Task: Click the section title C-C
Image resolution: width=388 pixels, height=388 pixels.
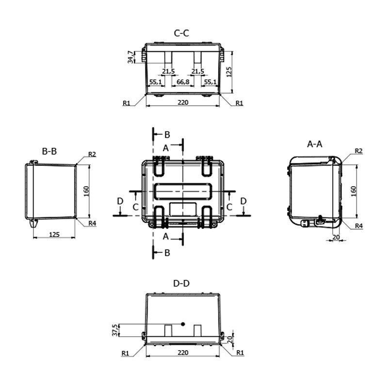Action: pyautogui.click(x=181, y=33)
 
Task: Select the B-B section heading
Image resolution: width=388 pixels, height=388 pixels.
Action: pyautogui.click(x=49, y=151)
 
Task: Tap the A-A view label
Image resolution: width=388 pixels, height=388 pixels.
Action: pyautogui.click(x=315, y=144)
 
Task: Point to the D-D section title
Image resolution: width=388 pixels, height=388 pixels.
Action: pyautogui.click(x=181, y=283)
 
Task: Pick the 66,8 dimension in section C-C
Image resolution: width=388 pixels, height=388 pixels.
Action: pyautogui.click(x=183, y=83)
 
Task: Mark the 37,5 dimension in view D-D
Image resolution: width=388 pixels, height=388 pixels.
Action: pyautogui.click(x=115, y=330)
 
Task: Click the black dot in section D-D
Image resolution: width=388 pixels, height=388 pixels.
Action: pyautogui.click(x=183, y=324)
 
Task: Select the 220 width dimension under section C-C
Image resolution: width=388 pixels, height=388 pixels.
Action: pyautogui.click(x=183, y=102)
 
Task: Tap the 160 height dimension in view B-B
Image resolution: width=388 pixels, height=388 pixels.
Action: pyautogui.click(x=86, y=191)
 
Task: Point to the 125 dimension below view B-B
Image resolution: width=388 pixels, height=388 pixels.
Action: pyautogui.click(x=54, y=235)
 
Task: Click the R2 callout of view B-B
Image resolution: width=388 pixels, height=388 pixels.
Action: pyautogui.click(x=92, y=155)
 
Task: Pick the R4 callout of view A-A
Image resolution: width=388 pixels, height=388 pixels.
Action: pyautogui.click(x=359, y=226)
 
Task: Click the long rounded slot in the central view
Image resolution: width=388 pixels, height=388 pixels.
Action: pyautogui.click(x=182, y=191)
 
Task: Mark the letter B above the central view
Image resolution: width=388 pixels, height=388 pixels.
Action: pyautogui.click(x=167, y=134)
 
